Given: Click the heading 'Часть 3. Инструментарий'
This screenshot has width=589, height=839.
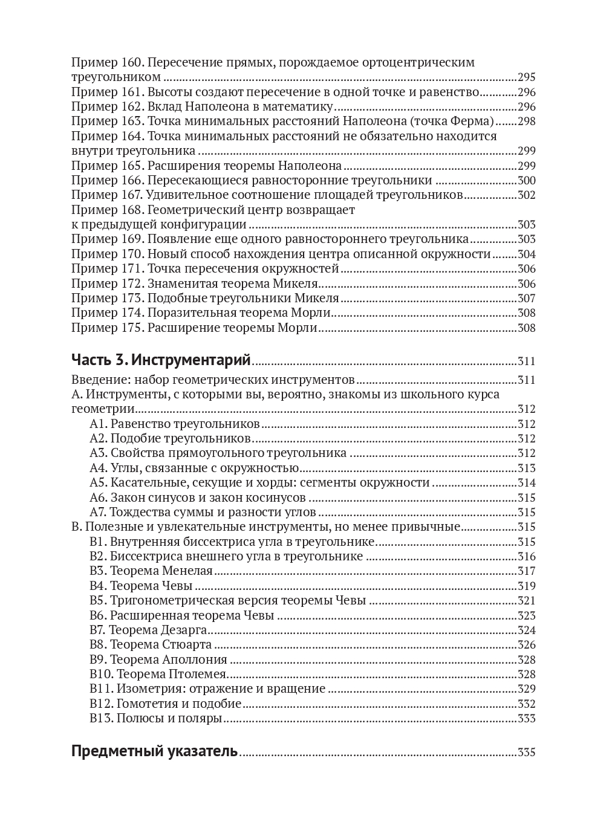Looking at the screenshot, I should coord(161,360).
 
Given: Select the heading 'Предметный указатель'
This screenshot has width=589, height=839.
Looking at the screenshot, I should coord(154,751).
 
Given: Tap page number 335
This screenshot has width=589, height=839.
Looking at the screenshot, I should coord(527,753).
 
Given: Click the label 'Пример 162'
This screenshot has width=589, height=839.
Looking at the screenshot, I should coord(106,106).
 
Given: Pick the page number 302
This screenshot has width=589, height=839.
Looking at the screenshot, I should coord(527,195).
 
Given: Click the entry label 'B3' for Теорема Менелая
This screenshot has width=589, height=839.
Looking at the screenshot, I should coord(98,571).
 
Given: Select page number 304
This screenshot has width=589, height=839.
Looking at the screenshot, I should coord(527,254).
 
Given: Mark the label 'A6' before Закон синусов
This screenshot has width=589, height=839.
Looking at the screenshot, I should coord(98,497).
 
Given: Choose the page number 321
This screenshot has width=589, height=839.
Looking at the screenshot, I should coord(527,601).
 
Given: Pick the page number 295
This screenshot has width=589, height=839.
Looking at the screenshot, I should coord(527,77).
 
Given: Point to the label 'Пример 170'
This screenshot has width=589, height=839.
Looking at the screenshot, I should coord(106,254).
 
